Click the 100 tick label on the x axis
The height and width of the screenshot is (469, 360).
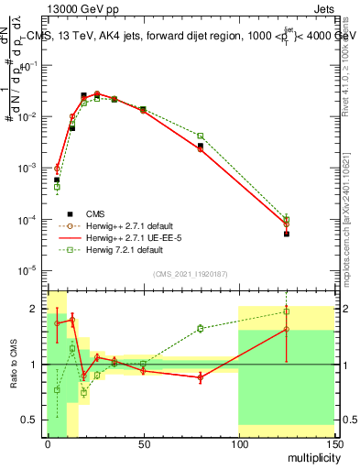point(238,444)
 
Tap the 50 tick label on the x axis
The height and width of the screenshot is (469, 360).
point(143,444)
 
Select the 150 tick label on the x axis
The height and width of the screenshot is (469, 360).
point(333,444)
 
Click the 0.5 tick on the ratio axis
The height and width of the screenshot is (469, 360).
point(34,420)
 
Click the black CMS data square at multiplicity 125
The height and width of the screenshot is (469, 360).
point(287,234)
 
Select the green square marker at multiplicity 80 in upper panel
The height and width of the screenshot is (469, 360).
point(200,136)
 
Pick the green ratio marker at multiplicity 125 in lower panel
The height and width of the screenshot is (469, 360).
point(287,311)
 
